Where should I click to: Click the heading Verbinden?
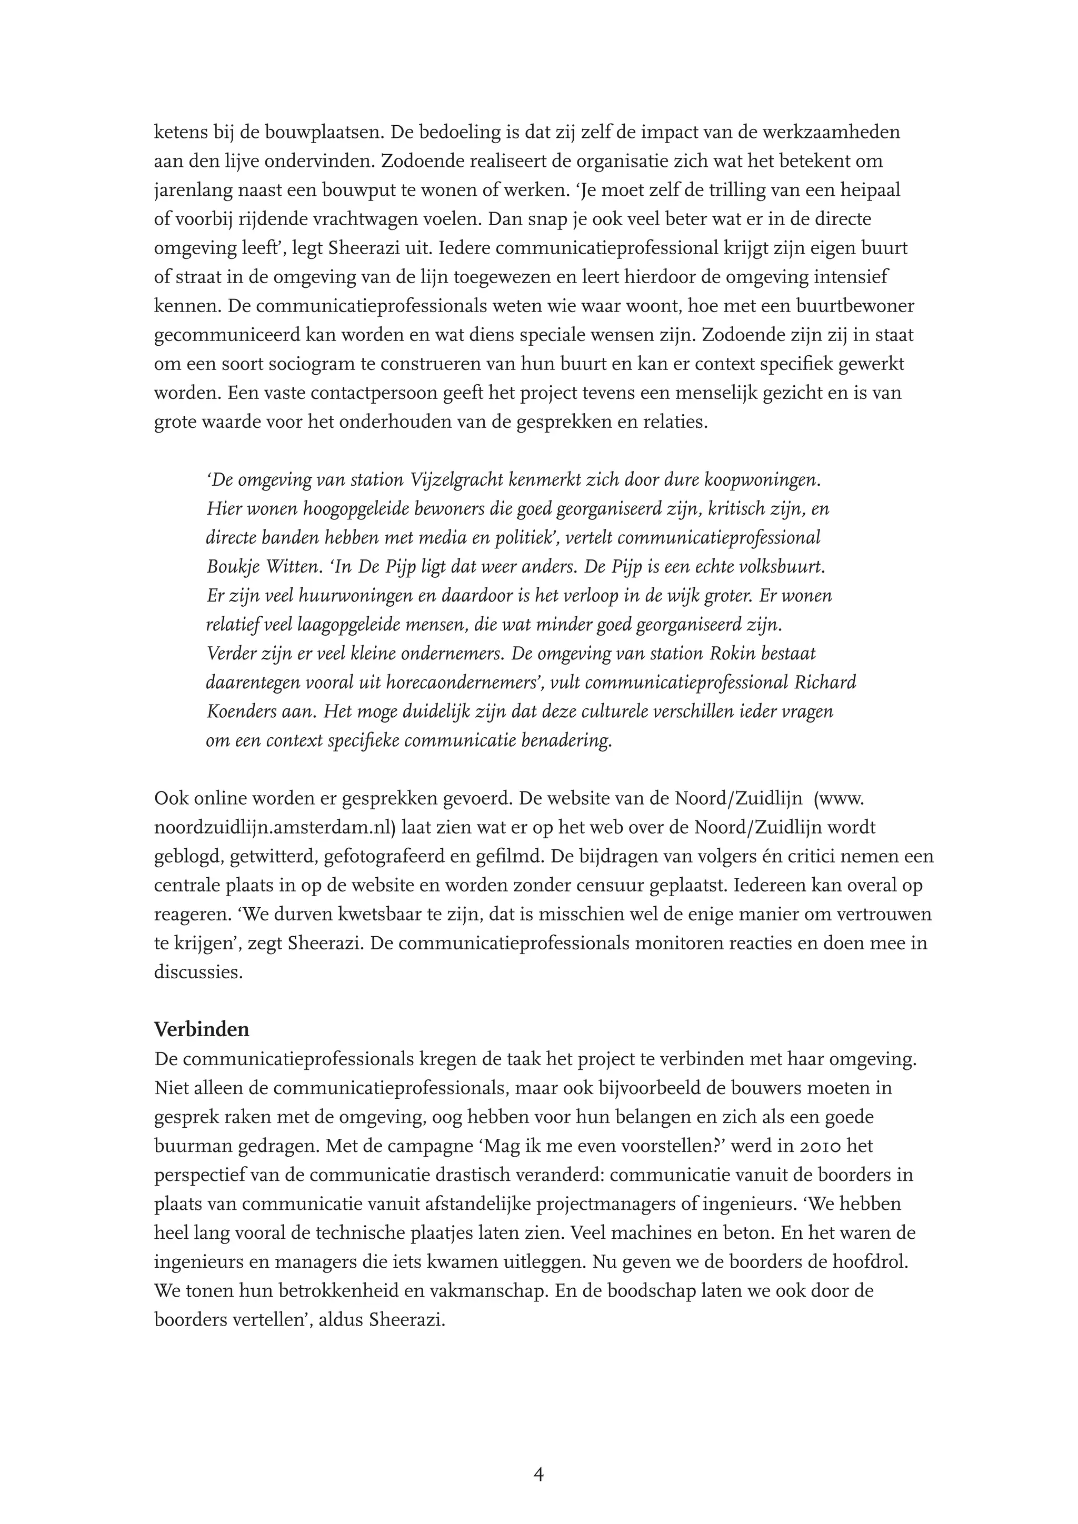202,1029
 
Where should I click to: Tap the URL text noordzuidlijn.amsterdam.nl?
275,827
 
